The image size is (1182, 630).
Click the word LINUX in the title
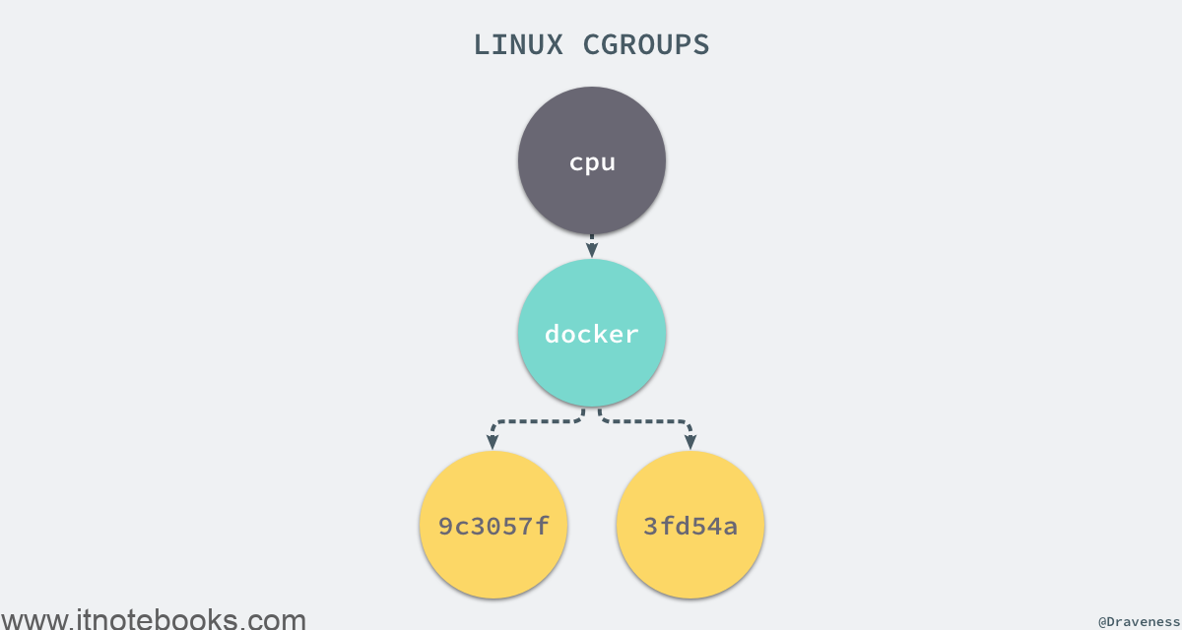pos(518,45)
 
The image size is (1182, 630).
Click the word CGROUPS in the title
pos(646,45)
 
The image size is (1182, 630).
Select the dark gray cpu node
pos(592,160)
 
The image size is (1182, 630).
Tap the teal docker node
pos(592,333)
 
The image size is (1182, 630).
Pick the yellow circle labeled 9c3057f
pos(493,525)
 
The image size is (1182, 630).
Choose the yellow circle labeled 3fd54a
pos(690,525)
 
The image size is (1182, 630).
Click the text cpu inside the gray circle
pos(592,162)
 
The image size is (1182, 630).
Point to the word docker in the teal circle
pos(592,334)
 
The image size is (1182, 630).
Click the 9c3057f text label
pos(493,526)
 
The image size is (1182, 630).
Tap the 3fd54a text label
pos(690,526)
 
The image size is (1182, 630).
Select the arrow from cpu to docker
pos(592,246)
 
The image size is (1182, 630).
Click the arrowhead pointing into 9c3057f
pos(492,442)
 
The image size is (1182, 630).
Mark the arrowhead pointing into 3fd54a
pos(690,442)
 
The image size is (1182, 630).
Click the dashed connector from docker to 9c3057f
pos(536,421)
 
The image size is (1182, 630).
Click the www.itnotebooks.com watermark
pos(153,619)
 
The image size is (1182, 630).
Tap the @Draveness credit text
pos(1139,622)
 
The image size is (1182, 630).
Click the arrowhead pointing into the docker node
pos(592,250)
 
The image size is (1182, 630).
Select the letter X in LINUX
pos(554,45)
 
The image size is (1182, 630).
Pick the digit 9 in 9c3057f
pos(446,526)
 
